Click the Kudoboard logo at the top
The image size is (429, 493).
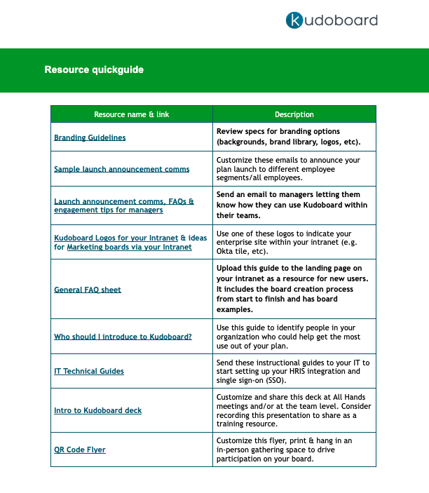point(332,20)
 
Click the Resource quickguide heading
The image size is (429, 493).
point(94,70)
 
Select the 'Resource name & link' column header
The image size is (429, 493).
point(132,114)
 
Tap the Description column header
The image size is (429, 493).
point(294,114)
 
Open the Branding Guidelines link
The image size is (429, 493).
point(90,137)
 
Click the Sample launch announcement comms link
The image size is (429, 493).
point(121,169)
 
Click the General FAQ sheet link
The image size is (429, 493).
point(88,290)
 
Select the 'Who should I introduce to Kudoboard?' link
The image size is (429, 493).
point(123,337)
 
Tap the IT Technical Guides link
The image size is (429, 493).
point(89,371)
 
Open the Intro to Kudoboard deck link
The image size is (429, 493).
point(97,410)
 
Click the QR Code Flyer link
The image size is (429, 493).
point(80,450)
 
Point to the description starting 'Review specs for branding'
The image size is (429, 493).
point(288,137)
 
